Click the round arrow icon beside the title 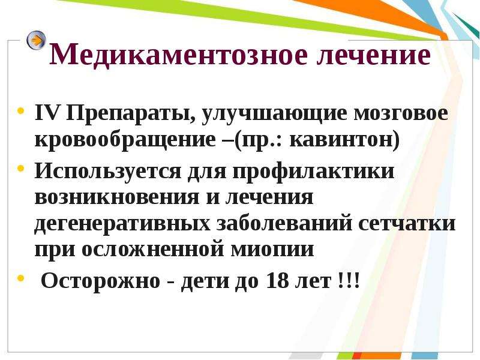click(x=36, y=40)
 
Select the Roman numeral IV click(x=47, y=113)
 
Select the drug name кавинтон click(x=341, y=140)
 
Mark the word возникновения click(x=117, y=197)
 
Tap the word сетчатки click(x=407, y=223)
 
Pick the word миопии click(x=272, y=250)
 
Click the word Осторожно click(x=100, y=281)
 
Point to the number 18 click(x=278, y=280)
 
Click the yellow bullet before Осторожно click(x=20, y=278)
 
